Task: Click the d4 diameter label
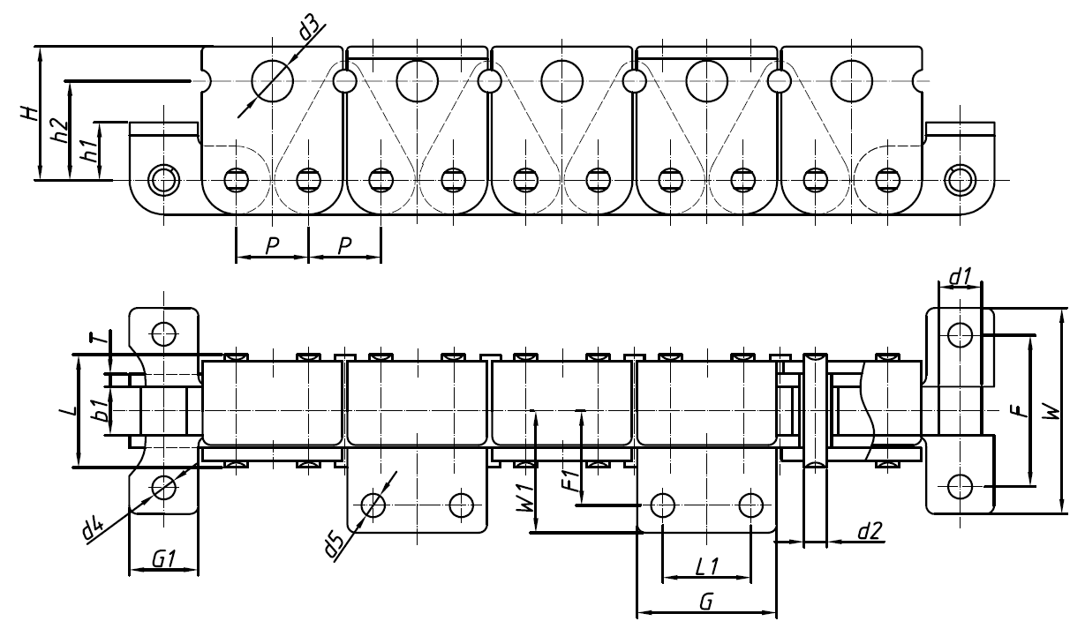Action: (x=92, y=528)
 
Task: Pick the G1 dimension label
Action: (x=162, y=557)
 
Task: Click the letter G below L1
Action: (x=705, y=601)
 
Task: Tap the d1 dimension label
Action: (x=960, y=278)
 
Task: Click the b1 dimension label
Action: (x=102, y=410)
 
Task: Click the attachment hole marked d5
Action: (x=373, y=505)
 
